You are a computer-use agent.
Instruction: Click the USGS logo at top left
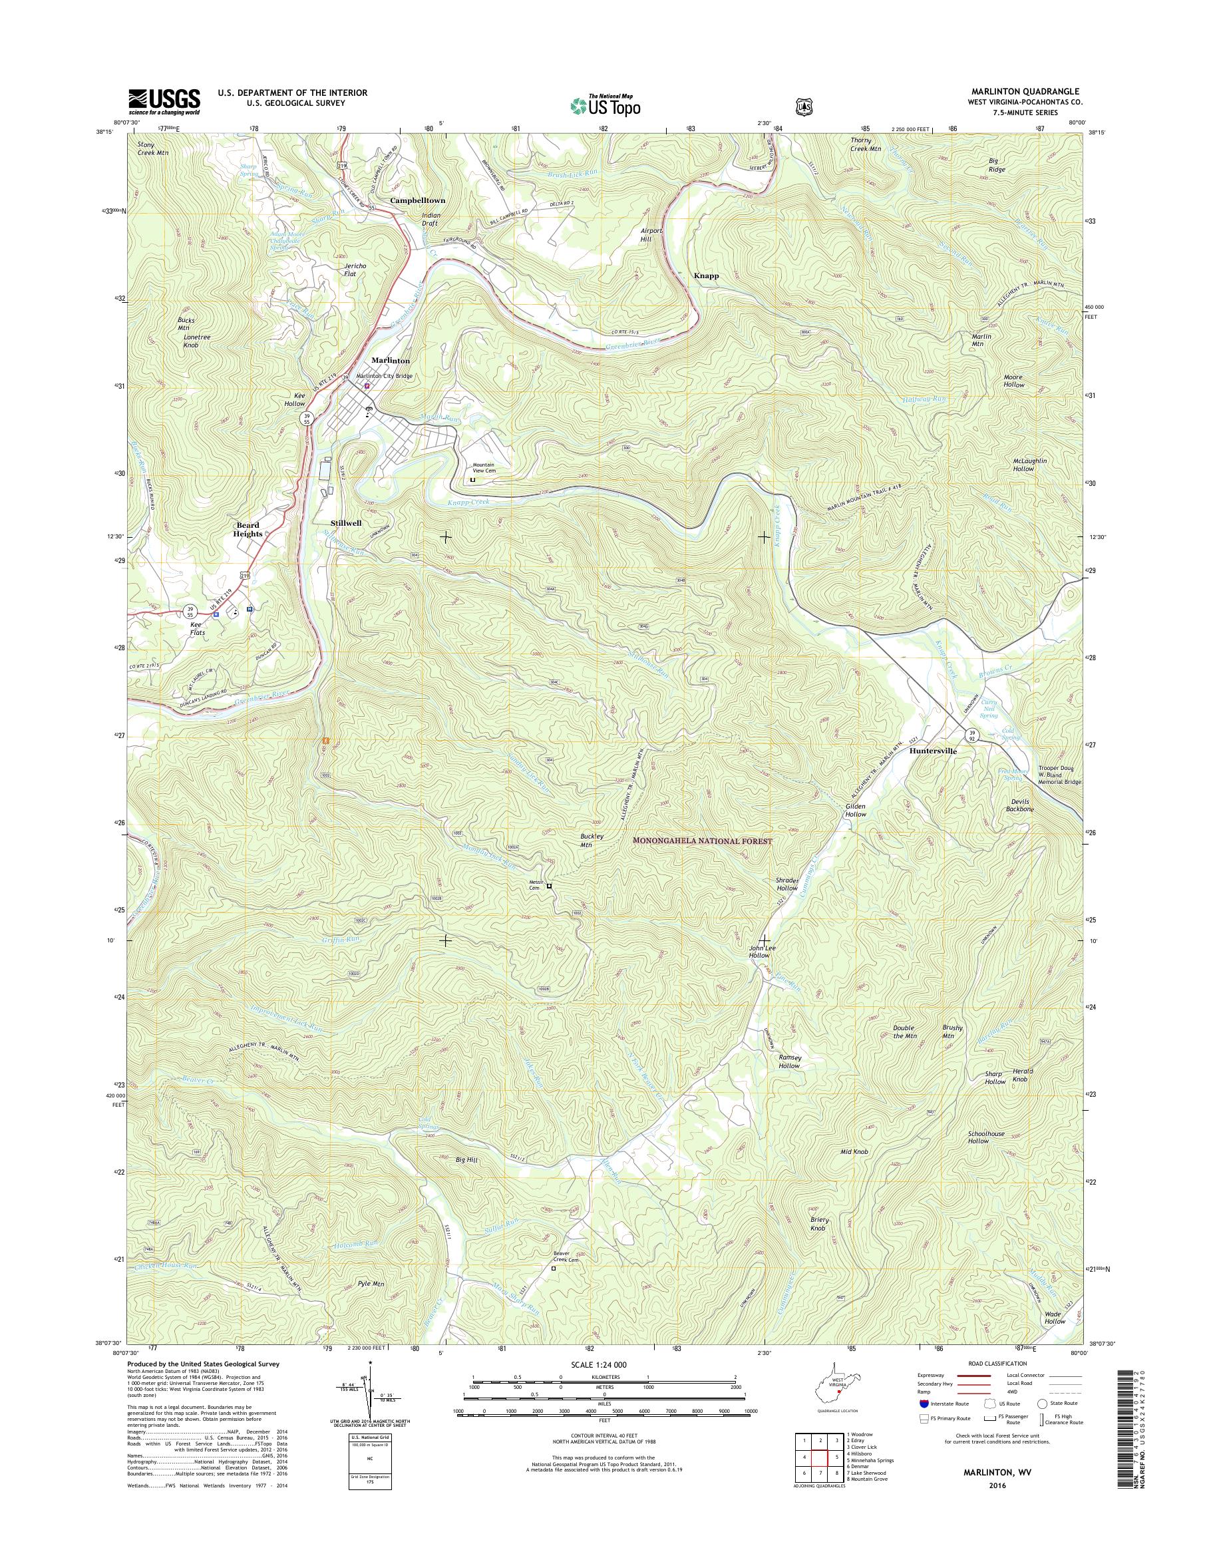(x=164, y=102)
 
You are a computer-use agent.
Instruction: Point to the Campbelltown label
(x=418, y=201)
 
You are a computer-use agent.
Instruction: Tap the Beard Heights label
(x=249, y=530)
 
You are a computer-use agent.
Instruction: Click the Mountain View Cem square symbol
(x=473, y=479)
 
